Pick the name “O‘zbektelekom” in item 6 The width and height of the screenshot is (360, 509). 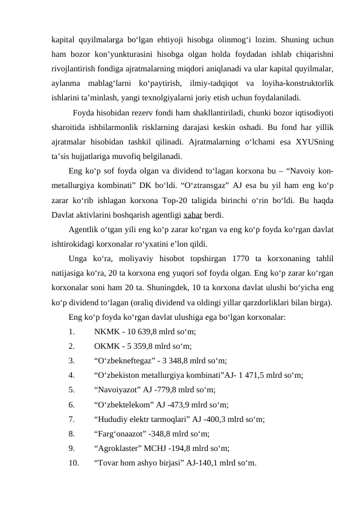pos(123,405)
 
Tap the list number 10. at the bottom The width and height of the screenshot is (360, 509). pos(74,464)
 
